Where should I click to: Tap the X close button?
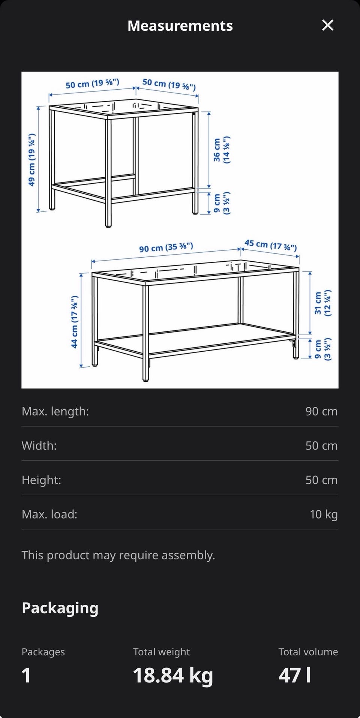tap(328, 25)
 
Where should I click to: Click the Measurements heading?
tap(180, 25)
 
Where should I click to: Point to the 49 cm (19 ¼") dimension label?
tap(32, 160)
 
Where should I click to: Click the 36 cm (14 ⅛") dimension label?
tap(222, 150)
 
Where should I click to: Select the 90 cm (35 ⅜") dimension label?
tap(166, 247)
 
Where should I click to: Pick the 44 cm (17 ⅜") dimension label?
tap(75, 322)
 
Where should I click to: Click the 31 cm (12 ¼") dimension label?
tap(322, 303)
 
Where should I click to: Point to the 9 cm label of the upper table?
tap(222, 203)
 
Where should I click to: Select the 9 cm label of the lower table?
tap(322, 349)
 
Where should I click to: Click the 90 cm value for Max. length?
tap(321, 411)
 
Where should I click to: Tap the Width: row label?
tap(39, 445)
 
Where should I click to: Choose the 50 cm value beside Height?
tap(321, 480)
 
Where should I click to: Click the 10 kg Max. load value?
tap(324, 514)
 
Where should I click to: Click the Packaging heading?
tap(60, 608)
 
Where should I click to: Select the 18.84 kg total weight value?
tap(173, 675)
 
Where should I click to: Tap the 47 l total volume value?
tap(295, 675)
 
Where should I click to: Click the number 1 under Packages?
tap(26, 675)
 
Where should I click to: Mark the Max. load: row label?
tap(49, 514)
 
